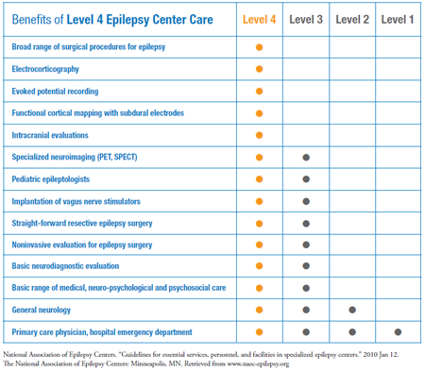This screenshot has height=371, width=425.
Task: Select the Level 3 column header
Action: click(305, 19)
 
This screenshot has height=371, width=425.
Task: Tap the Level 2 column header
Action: click(351, 19)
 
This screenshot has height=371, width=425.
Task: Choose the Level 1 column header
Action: click(397, 19)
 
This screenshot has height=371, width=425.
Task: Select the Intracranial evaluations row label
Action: click(49, 135)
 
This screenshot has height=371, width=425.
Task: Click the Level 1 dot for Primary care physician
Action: click(397, 331)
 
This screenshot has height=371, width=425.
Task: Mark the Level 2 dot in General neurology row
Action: click(351, 309)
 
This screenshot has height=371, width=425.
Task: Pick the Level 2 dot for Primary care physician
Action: click(351, 331)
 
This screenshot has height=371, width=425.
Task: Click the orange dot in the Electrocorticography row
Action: click(259, 69)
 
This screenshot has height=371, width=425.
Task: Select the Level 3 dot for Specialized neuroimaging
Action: click(305, 157)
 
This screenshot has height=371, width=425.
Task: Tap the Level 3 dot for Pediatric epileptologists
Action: click(305, 178)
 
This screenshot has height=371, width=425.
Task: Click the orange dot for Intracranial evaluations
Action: click(259, 135)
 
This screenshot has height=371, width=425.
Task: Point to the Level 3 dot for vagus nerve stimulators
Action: click(305, 200)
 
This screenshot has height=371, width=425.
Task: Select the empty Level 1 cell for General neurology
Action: click(397, 309)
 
